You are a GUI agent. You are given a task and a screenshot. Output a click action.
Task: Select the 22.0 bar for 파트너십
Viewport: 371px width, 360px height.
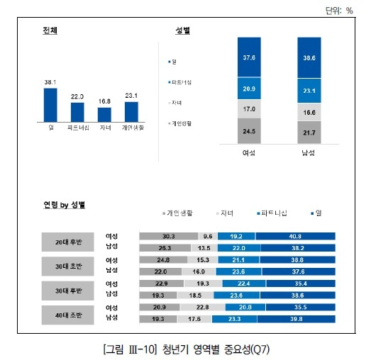tap(77, 112)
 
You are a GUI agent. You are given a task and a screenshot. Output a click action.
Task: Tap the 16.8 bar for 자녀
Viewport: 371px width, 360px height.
tap(104, 114)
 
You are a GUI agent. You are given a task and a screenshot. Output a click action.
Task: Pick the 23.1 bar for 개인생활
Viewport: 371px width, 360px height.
tap(131, 111)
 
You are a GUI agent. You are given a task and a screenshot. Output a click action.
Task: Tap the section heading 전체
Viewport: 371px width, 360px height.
tap(50, 30)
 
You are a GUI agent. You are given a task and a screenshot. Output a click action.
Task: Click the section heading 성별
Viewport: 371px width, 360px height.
tap(182, 30)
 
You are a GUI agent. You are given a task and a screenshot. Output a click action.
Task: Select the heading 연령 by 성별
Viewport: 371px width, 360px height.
tap(64, 205)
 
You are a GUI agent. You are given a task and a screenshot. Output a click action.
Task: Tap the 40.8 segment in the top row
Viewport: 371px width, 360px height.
tap(294, 236)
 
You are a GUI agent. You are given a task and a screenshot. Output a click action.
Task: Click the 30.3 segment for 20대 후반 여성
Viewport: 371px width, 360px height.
tap(168, 236)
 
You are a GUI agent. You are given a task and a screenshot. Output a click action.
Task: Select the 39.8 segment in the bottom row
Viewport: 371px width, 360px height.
tap(295, 320)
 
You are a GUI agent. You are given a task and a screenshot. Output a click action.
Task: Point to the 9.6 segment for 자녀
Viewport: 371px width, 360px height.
tap(207, 236)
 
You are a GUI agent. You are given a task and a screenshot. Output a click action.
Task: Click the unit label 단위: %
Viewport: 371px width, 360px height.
tap(338, 10)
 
